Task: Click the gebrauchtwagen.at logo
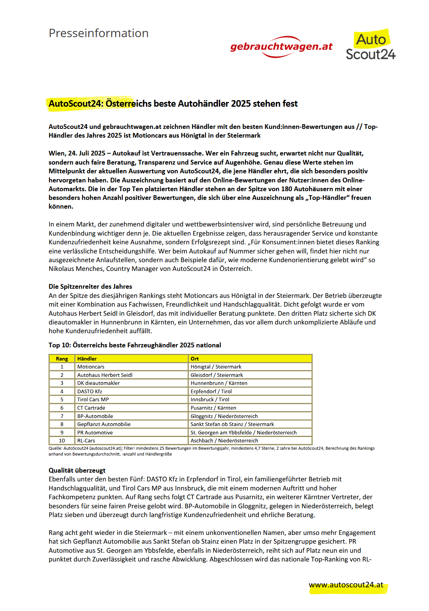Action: (281, 47)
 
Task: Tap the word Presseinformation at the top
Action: (98, 33)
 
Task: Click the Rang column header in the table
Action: (62, 359)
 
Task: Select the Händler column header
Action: (87, 359)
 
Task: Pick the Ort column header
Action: (195, 359)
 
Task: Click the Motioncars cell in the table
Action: (91, 367)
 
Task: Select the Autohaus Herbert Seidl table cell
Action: (105, 375)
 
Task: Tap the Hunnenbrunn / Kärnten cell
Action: (219, 383)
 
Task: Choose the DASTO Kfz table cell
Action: (90, 391)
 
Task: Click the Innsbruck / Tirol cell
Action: (210, 399)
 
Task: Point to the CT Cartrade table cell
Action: (91, 408)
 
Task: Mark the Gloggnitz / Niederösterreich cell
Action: (224, 416)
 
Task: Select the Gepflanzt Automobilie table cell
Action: (104, 424)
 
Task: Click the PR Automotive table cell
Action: (95, 433)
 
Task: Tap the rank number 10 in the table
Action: (62, 441)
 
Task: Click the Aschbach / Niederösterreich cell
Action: (224, 441)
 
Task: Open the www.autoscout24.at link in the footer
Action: (346, 585)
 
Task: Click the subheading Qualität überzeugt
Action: (77, 470)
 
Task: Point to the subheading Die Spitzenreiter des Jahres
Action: (90, 287)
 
